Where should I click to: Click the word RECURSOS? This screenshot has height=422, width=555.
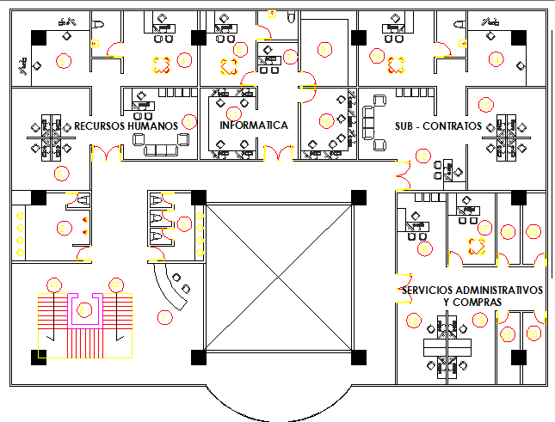tap(100, 125)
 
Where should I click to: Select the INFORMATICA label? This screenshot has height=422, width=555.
tap(254, 125)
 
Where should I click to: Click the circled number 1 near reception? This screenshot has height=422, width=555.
tap(163, 317)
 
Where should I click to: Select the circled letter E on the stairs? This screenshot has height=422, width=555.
tap(84, 309)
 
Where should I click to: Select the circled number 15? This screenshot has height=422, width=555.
tap(486, 105)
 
